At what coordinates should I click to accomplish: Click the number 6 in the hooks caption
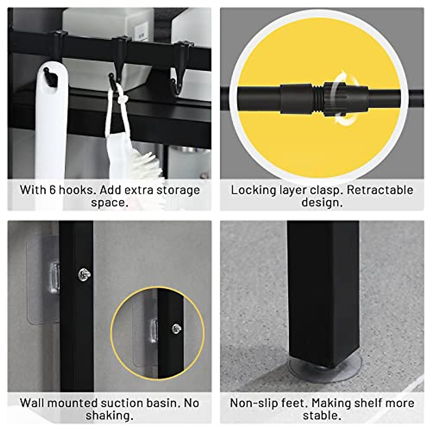click(x=52, y=190)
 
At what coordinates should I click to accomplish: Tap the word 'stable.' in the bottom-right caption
click(x=322, y=416)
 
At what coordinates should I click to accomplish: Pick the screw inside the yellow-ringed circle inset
click(x=176, y=328)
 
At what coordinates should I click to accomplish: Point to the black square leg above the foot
click(x=323, y=287)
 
